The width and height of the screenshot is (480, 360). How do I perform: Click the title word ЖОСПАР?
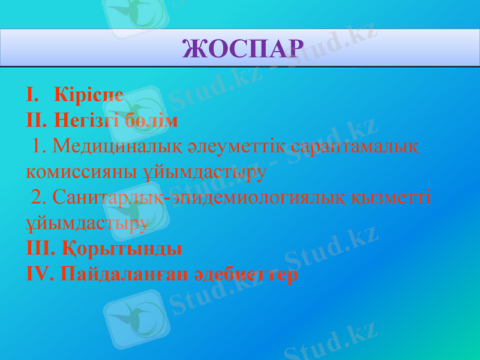[x=242, y=48]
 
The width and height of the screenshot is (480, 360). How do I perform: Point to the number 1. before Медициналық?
[x=41, y=146]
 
